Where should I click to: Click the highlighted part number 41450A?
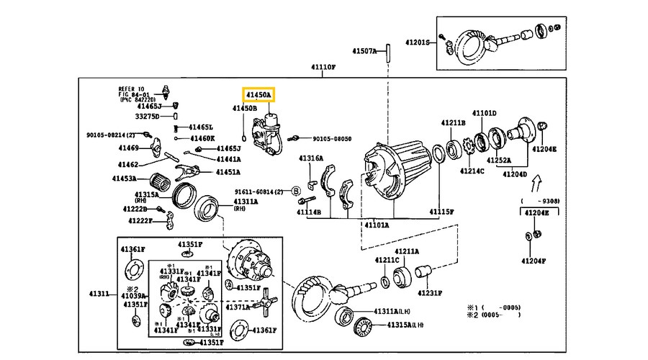258,94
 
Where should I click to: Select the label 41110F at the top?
323,68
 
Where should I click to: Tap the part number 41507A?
364,51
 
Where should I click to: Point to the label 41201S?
415,42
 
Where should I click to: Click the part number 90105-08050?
333,138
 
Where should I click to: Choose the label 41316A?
311,158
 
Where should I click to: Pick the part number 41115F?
442,212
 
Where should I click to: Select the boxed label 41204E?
535,212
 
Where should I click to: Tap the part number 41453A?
125,178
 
